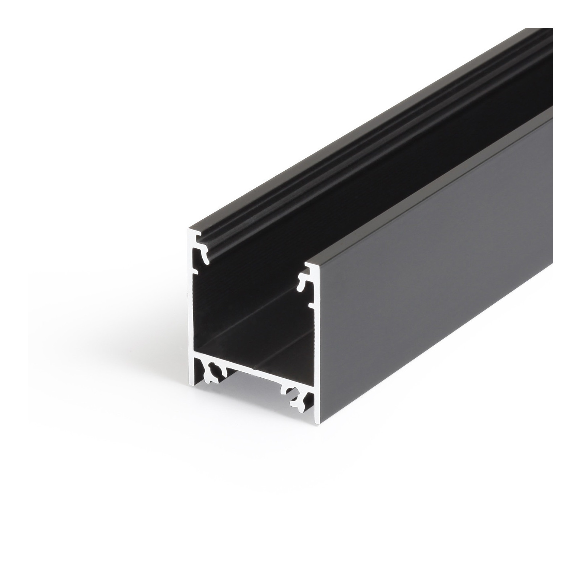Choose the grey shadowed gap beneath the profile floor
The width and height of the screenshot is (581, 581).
point(254,392)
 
